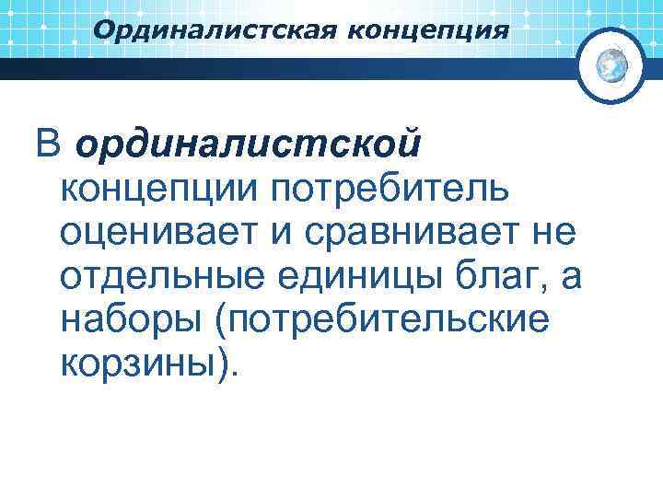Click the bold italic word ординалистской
click(250, 144)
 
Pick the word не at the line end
click(553, 233)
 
